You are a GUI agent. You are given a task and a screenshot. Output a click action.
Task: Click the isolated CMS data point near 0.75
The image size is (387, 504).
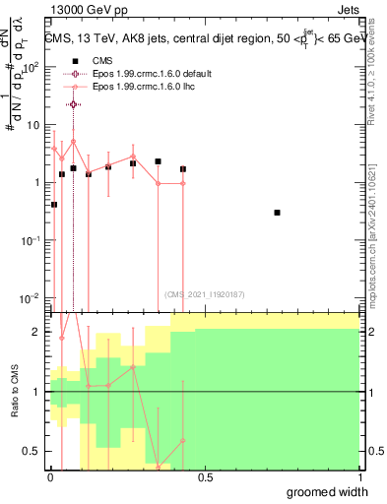(x=278, y=213)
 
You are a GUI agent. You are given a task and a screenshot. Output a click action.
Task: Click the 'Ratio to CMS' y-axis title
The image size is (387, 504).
(x=14, y=391)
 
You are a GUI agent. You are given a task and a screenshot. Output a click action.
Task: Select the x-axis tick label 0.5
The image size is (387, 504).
(x=205, y=477)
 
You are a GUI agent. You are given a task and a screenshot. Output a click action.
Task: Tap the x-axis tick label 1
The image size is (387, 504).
(x=359, y=477)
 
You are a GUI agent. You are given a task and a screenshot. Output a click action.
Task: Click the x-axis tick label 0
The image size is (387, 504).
(x=50, y=477)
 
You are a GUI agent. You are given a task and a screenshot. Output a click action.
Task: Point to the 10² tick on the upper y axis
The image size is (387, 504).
(x=32, y=68)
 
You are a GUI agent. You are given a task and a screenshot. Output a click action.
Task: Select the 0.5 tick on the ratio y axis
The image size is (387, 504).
(x=32, y=451)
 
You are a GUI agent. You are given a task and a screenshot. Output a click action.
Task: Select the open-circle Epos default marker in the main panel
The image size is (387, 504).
(x=73, y=104)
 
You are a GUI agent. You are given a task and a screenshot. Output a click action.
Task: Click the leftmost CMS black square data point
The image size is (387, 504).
(x=54, y=205)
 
